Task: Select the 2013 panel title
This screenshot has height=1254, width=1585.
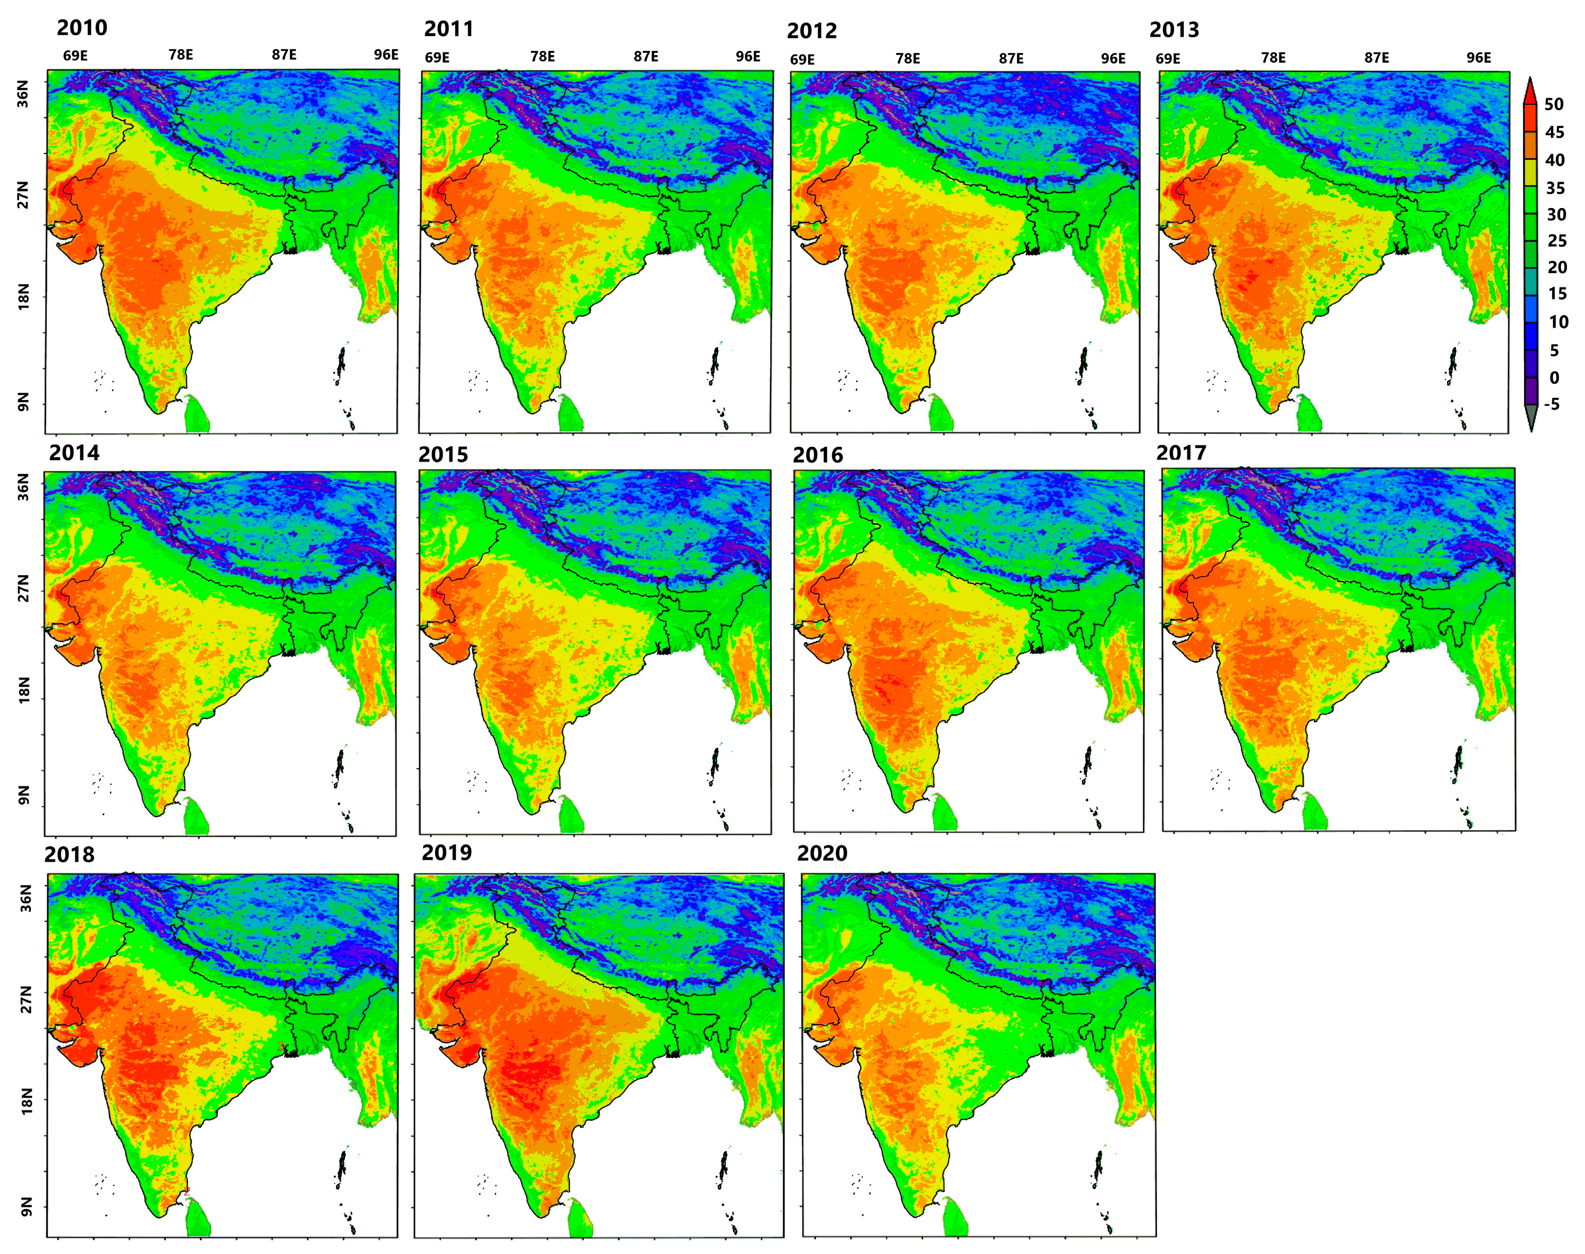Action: pos(1174,30)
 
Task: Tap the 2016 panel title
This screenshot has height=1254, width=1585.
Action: pos(818,455)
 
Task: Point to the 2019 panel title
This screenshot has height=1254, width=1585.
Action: pos(446,852)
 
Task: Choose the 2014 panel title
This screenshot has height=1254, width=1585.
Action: pos(74,453)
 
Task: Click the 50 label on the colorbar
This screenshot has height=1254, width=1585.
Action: pos(1554,104)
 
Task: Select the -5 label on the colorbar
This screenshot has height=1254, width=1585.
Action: pos(1551,404)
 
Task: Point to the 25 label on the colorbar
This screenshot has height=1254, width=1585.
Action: pos(1556,241)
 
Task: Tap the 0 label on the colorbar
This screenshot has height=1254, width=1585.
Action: pos(1554,377)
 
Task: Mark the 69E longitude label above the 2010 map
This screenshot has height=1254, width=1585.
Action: pos(75,56)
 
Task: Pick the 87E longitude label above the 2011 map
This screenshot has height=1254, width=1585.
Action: pos(646,57)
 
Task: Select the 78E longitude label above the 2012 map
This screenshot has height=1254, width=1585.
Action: pos(907,59)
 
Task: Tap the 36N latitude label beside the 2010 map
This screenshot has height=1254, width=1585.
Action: pos(24,94)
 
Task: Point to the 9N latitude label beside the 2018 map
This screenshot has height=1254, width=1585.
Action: pos(26,1206)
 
